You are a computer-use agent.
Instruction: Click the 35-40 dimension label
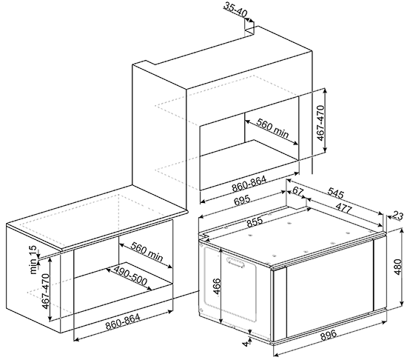tap(235, 10)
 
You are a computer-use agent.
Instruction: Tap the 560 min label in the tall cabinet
tap(272, 128)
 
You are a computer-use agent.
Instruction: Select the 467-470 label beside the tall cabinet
tap(321, 123)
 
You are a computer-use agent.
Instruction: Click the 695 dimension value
tap(242, 200)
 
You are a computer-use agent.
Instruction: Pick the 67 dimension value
tap(298, 191)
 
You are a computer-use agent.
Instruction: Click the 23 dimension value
tap(398, 216)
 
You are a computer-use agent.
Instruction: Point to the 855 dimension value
tap(255, 221)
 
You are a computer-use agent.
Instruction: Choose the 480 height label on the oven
tap(398, 267)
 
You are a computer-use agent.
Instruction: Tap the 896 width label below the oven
tap(329, 335)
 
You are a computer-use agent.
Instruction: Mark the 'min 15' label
tap(33, 260)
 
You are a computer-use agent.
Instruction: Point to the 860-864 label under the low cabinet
tap(123, 321)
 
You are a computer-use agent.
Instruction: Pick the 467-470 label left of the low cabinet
tap(46, 291)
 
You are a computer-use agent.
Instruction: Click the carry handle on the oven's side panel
tap(235, 261)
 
